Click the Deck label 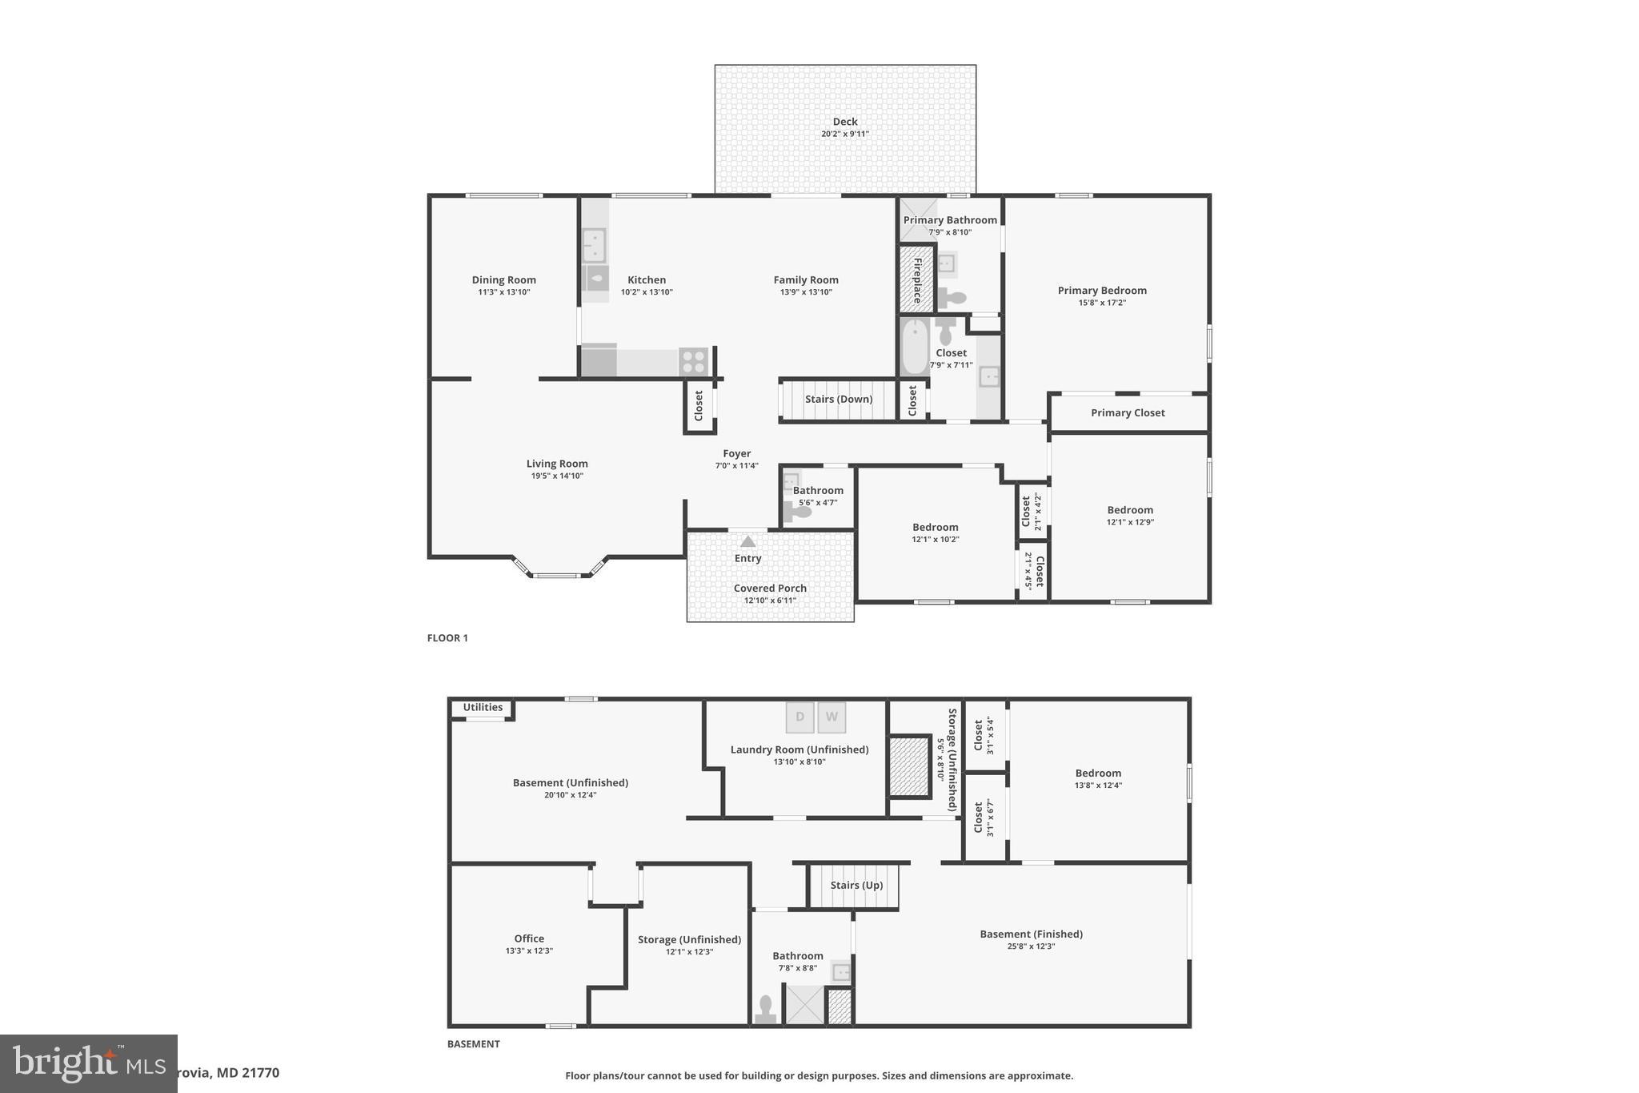click(844, 122)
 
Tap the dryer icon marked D click(799, 717)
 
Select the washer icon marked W click(832, 717)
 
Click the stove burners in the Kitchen click(693, 362)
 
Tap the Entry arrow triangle click(747, 542)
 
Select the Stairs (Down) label click(838, 399)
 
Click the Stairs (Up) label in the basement click(856, 885)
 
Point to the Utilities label click(483, 707)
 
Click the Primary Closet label click(1128, 412)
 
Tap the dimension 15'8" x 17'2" click(1102, 303)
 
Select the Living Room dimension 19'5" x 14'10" click(557, 476)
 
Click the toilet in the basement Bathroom click(766, 1010)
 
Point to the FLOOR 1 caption click(447, 638)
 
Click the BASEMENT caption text click(473, 1044)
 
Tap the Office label click(529, 938)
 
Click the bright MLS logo click(88, 1063)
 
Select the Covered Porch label click(770, 588)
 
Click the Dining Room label click(503, 279)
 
